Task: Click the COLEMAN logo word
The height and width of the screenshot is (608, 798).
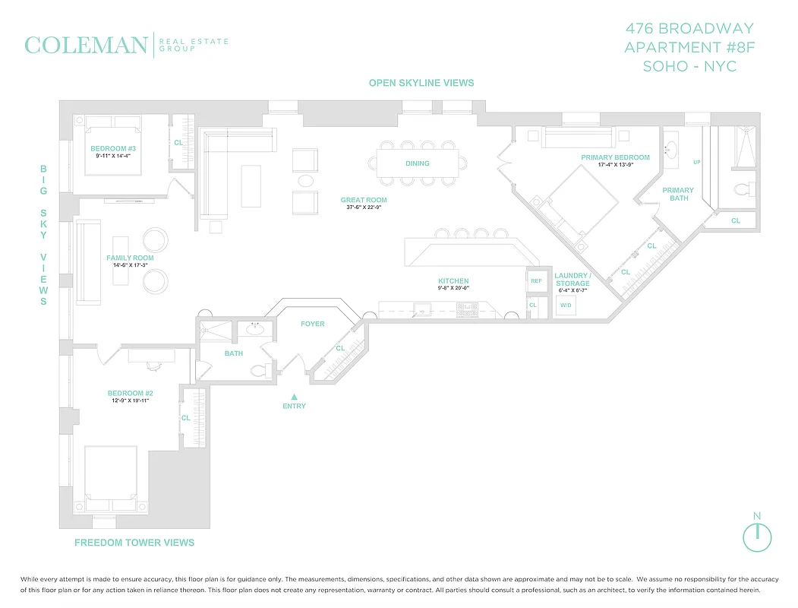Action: point(86,45)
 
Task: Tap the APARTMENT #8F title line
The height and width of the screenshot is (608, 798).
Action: point(689,47)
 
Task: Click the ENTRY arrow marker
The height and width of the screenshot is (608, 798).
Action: point(295,396)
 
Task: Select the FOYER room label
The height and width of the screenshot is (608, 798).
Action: point(312,324)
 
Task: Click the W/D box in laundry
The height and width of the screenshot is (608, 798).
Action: point(566,306)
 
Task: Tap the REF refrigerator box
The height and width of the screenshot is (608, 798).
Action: point(536,281)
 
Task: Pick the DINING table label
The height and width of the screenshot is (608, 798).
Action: point(418,163)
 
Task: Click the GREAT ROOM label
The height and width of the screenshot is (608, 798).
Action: point(363,200)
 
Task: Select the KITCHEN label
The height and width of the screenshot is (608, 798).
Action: point(453,281)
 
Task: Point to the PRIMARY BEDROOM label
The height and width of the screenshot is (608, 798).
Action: point(616,157)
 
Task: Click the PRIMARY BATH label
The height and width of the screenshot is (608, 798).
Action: point(678,195)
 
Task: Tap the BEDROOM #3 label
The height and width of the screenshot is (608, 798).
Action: point(112,148)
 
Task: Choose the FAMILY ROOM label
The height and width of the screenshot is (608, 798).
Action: point(130,258)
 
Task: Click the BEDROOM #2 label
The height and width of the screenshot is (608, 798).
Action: point(130,393)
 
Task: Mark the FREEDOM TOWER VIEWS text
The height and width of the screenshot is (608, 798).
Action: point(134,543)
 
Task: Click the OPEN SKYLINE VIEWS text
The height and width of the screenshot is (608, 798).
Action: point(421,83)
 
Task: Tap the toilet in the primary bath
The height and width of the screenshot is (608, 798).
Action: point(742,188)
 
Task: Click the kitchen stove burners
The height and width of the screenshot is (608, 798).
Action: point(467,309)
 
